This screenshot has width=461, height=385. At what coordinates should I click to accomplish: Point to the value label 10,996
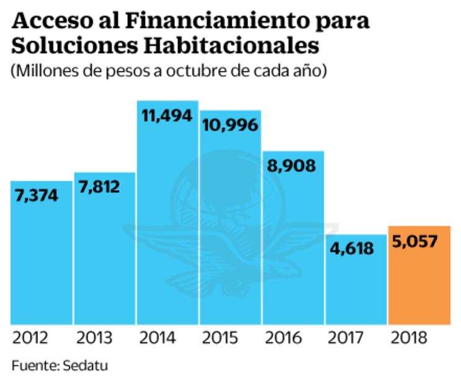(230, 124)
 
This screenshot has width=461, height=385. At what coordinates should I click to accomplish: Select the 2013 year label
(96, 338)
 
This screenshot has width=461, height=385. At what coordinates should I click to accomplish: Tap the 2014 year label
(159, 338)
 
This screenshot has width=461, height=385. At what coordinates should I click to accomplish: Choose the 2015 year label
(222, 338)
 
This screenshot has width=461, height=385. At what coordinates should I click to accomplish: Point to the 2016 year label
(284, 338)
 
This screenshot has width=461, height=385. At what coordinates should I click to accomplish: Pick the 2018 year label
(410, 338)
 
